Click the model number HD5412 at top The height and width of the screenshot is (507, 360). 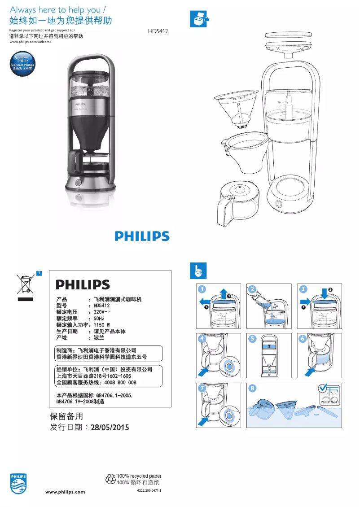click(158, 32)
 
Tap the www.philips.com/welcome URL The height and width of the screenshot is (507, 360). click(30, 42)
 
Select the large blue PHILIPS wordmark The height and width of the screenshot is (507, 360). click(142, 236)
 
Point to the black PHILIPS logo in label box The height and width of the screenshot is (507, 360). click(83, 285)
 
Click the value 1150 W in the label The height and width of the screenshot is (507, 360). click(102, 325)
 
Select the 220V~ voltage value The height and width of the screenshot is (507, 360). click(102, 312)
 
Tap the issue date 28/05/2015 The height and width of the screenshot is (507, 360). click(110, 428)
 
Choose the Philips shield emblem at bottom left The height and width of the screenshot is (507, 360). click(18, 484)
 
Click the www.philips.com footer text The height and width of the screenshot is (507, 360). click(66, 492)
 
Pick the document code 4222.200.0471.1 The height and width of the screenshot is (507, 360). click(149, 491)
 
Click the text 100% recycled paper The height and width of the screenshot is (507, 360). click(139, 476)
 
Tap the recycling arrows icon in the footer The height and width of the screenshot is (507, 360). click(110, 479)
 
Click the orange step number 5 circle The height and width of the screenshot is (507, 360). click(254, 339)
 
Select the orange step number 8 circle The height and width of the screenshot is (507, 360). click(254, 388)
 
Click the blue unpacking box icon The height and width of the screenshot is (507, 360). click(198, 18)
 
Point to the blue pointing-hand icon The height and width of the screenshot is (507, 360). click(198, 270)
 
